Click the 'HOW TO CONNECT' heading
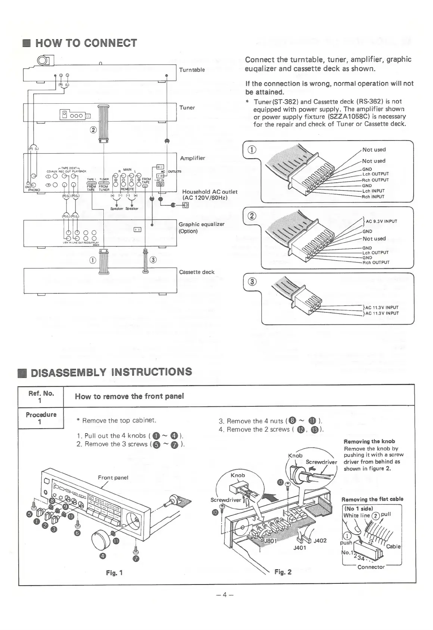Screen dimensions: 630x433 (x=86, y=43)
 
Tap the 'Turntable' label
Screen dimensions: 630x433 (x=192, y=70)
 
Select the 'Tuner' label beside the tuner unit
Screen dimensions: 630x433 (x=187, y=108)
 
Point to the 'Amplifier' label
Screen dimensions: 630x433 (x=193, y=158)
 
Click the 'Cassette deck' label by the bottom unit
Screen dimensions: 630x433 (x=197, y=272)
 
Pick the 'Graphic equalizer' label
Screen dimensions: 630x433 (x=202, y=224)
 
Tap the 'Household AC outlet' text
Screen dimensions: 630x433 (x=210, y=192)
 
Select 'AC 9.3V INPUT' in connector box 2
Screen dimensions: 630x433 (x=381, y=221)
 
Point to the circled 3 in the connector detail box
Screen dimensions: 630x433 (x=252, y=282)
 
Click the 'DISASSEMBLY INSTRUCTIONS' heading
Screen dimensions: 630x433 (x=111, y=372)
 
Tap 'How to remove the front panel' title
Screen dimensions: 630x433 (x=129, y=396)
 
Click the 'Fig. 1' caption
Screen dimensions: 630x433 (x=114, y=573)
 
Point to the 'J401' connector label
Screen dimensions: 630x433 (x=300, y=548)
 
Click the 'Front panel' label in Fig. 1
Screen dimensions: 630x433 (x=113, y=477)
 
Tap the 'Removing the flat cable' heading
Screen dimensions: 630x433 (x=372, y=499)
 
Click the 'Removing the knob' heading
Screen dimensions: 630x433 (x=369, y=441)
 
